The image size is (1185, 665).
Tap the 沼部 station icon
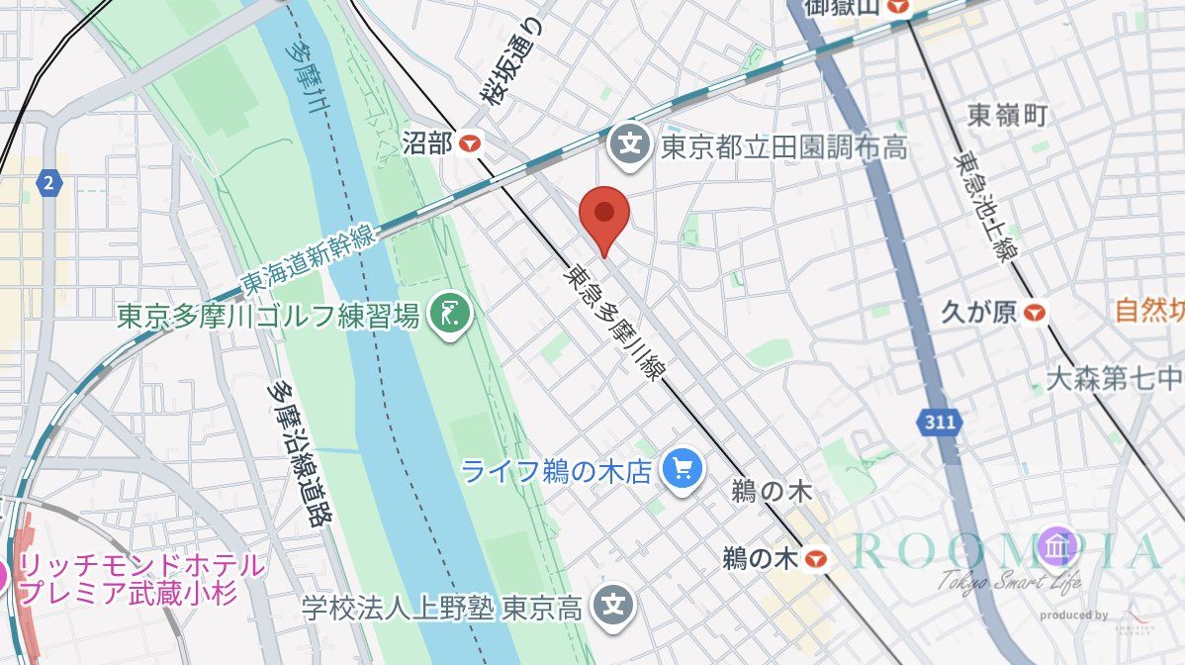click(x=471, y=143)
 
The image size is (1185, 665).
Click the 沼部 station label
click(x=428, y=143)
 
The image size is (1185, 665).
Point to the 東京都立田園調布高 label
click(x=783, y=147)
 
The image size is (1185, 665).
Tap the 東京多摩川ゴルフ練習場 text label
click(x=267, y=317)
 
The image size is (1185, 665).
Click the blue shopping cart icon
click(x=681, y=467)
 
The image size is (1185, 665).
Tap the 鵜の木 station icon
click(x=815, y=559)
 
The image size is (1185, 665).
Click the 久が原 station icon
click(x=1035, y=314)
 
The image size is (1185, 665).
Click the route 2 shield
click(x=48, y=182)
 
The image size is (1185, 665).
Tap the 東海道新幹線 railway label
click(x=307, y=259)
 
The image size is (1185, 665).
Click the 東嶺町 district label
click(x=1007, y=116)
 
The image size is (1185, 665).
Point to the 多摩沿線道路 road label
click(x=302, y=454)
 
